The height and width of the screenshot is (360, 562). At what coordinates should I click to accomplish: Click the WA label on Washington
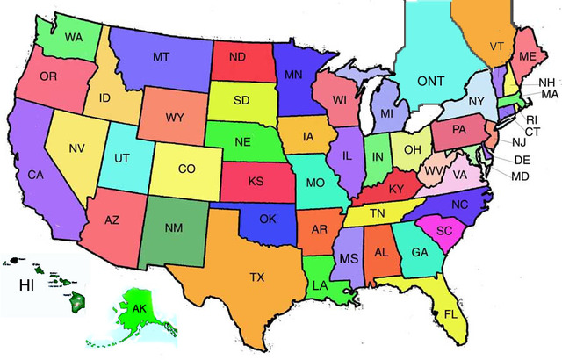(x=73, y=37)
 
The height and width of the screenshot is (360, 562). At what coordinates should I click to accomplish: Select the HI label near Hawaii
(x=29, y=285)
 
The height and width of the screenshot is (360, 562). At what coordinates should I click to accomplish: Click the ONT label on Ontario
(x=430, y=81)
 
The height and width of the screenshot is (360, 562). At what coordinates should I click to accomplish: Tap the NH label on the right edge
(x=546, y=82)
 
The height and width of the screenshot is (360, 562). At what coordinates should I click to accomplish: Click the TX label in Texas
(x=256, y=277)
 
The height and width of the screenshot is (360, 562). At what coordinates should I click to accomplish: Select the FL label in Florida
(x=450, y=313)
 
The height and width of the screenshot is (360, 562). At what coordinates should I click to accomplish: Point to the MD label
(x=520, y=176)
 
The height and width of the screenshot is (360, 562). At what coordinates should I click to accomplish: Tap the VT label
(x=497, y=47)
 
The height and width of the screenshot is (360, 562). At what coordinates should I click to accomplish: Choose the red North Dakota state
(x=237, y=59)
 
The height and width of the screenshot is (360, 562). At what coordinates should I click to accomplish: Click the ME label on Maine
(x=527, y=54)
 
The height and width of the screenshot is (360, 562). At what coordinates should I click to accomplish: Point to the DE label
(x=521, y=160)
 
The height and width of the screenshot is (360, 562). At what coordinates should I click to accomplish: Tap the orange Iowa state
(x=307, y=137)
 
